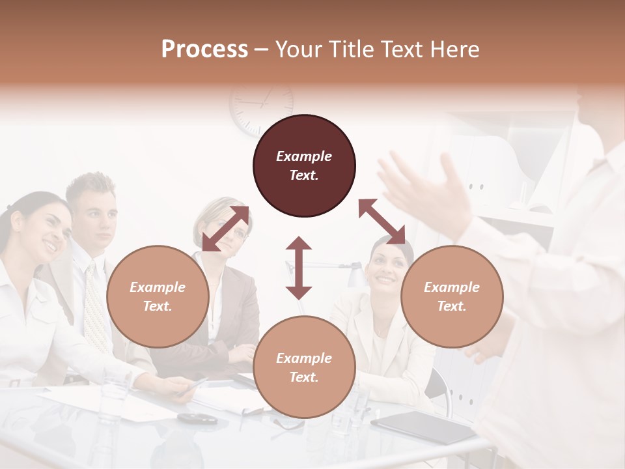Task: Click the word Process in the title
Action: (204, 50)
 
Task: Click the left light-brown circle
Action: (158, 296)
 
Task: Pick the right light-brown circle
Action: (452, 296)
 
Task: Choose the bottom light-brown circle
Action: (304, 367)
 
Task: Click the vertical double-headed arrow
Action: (299, 268)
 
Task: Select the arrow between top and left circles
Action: (225, 229)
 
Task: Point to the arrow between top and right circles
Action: (382, 221)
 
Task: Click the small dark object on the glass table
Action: (197, 418)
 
